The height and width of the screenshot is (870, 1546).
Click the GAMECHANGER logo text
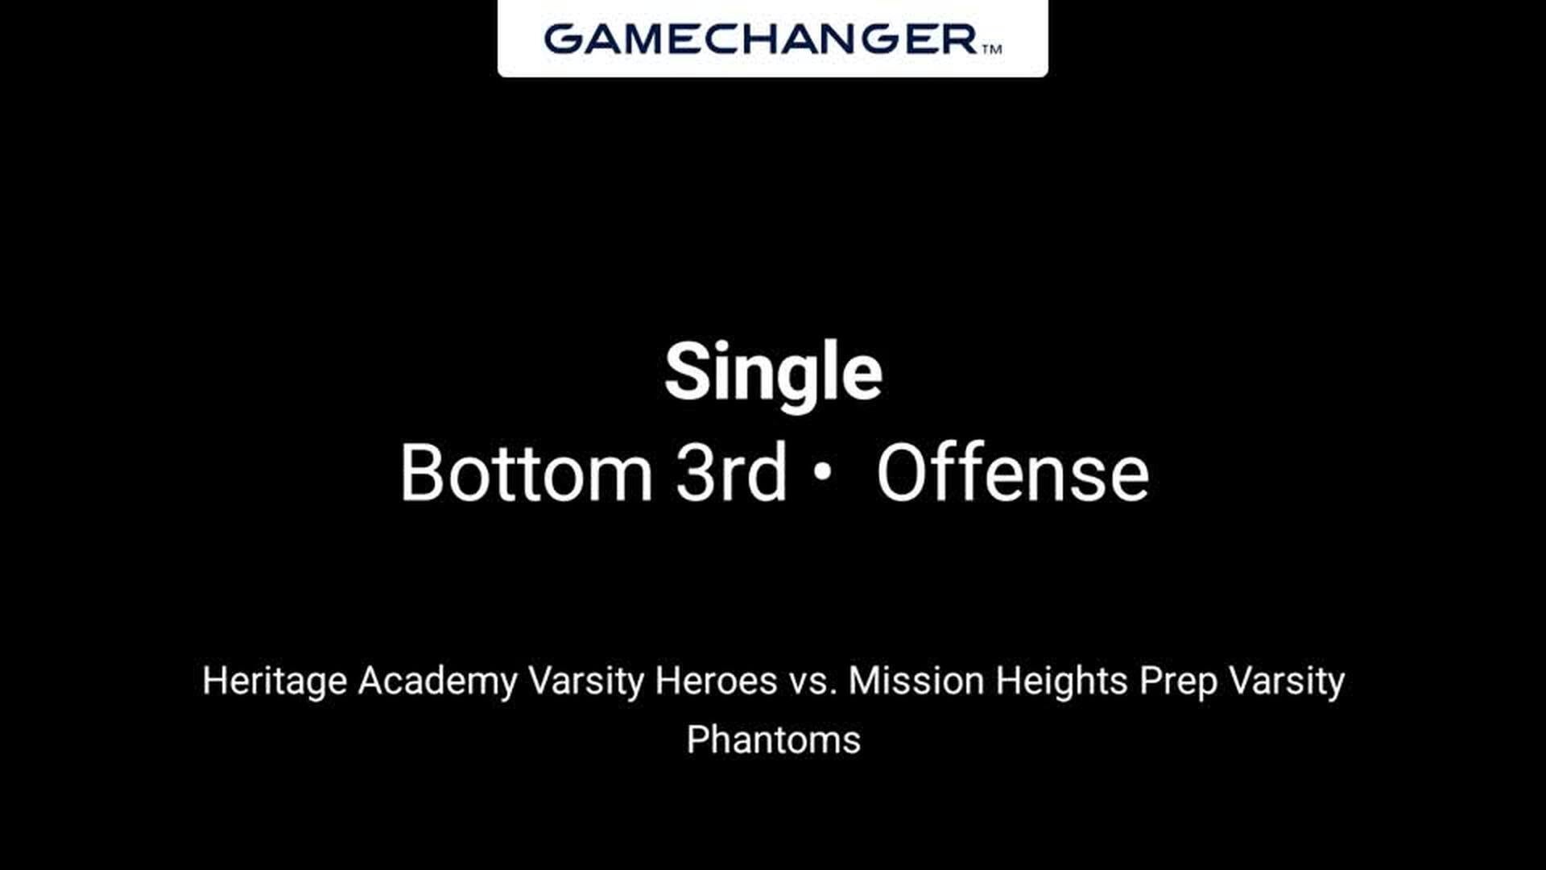tap(761, 39)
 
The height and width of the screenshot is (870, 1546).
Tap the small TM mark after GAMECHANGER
tap(992, 49)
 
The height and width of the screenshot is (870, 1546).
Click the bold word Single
tap(773, 371)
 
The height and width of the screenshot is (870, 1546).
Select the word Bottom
tap(527, 473)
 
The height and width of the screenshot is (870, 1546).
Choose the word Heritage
tap(275, 681)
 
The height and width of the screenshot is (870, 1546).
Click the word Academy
tap(437, 681)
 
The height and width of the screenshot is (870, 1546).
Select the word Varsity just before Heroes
tap(585, 681)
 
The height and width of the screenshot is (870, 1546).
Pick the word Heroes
tap(716, 681)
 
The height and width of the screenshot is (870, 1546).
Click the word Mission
tap(916, 681)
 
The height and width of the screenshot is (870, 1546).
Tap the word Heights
tap(1061, 681)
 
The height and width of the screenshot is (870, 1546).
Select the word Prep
tap(1178, 682)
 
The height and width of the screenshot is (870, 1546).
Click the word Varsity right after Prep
tap(1287, 681)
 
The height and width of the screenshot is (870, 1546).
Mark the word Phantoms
tap(773, 739)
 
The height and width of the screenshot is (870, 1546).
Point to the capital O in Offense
tap(904, 473)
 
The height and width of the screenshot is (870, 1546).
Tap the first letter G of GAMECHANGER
tap(562, 39)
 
